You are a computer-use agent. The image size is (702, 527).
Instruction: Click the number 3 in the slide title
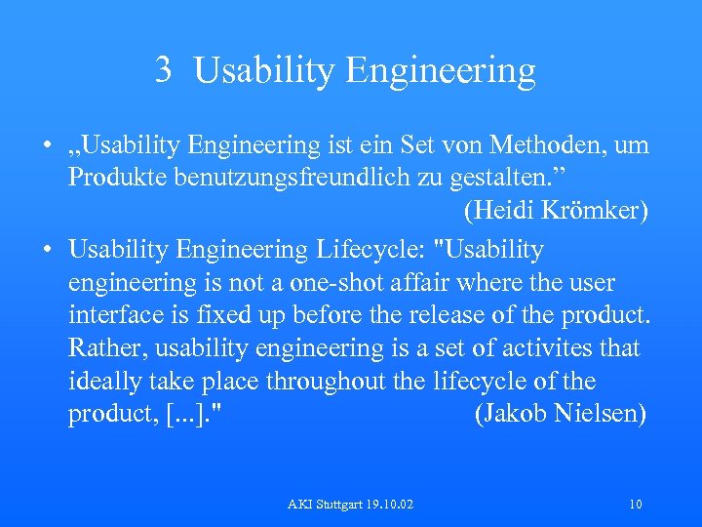pyautogui.click(x=164, y=69)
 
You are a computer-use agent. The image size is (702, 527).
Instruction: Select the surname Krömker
pyautogui.click(x=594, y=211)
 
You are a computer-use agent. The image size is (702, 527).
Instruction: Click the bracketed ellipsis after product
pyautogui.click(x=193, y=414)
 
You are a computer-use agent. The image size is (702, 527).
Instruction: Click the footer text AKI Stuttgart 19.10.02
pyautogui.click(x=350, y=505)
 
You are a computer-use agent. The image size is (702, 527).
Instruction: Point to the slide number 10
pyautogui.click(x=635, y=505)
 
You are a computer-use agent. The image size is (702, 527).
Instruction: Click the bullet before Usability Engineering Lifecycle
pyautogui.click(x=47, y=250)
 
